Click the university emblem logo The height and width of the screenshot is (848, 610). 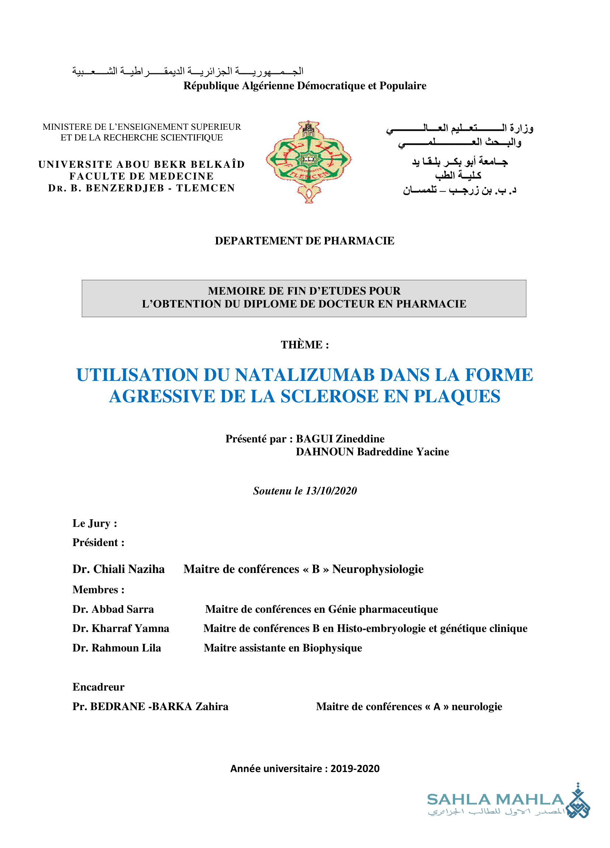click(x=309, y=161)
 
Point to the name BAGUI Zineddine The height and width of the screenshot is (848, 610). click(x=340, y=439)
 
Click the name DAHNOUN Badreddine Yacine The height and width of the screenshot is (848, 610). click(x=372, y=452)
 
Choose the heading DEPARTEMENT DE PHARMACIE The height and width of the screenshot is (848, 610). click(x=304, y=241)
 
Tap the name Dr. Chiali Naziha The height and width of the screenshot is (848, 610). click(x=118, y=569)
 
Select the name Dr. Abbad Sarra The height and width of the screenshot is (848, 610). click(x=113, y=609)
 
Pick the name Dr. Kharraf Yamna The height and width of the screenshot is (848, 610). click(x=121, y=629)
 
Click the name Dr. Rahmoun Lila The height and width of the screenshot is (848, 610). click(x=117, y=648)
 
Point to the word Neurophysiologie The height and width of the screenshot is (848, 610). click(x=378, y=569)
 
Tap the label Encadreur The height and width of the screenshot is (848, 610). click(x=98, y=687)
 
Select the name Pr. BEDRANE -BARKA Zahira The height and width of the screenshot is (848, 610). click(x=150, y=706)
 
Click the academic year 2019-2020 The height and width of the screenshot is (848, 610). click(x=354, y=769)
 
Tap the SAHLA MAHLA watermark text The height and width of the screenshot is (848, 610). click(x=495, y=800)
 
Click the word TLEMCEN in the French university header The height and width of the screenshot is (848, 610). click(x=206, y=188)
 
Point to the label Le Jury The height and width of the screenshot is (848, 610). click(x=95, y=524)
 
